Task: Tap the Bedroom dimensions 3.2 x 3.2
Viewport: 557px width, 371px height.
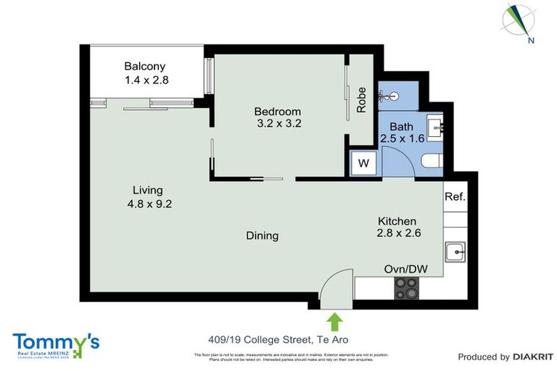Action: coord(277,124)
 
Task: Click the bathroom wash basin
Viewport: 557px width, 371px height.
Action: coord(438,128)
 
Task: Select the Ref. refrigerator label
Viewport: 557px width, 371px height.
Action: coord(455,196)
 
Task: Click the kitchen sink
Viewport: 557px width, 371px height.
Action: coord(457,252)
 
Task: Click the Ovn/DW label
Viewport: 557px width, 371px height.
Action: coord(406,270)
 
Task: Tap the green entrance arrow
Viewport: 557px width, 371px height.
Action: coord(334,319)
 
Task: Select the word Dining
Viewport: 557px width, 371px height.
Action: coord(263,235)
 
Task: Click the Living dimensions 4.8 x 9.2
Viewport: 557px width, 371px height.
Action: coord(149,204)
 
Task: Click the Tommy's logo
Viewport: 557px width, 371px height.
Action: coord(56,343)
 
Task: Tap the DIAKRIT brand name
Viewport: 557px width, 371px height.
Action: coord(533,357)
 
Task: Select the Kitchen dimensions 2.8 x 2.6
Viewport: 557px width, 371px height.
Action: coord(399,233)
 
